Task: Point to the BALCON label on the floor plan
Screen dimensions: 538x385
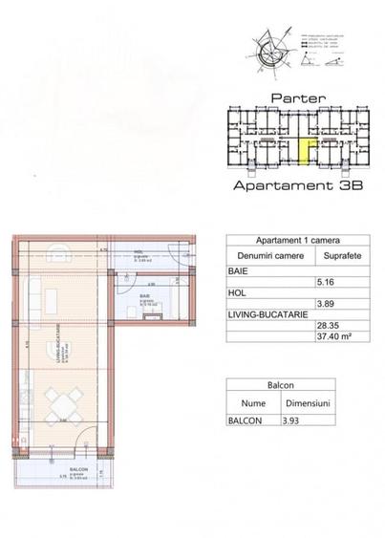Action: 79,470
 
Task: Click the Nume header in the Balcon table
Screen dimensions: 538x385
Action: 253,402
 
